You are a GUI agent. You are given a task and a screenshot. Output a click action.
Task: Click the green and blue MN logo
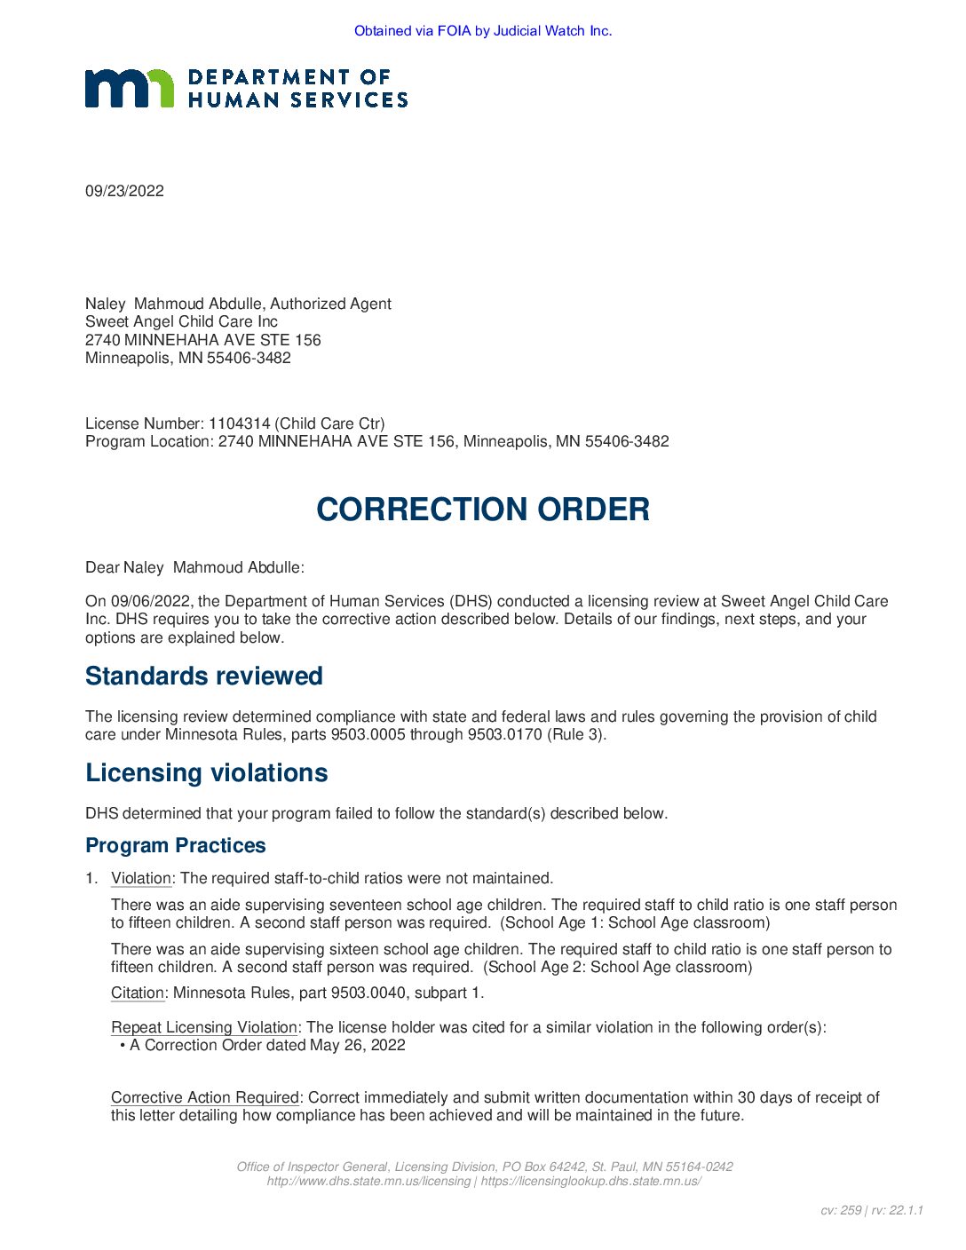pyautogui.click(x=130, y=89)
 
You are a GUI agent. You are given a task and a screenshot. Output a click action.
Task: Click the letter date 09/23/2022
pyautogui.click(x=124, y=191)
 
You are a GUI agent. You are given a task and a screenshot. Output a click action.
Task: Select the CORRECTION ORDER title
pyautogui.click(x=483, y=510)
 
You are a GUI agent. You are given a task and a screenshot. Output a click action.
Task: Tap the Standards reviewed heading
pyautogui.click(x=204, y=676)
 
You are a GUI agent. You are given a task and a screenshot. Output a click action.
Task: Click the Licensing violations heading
pyautogui.click(x=207, y=773)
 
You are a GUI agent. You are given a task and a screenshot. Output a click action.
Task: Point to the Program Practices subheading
pyautogui.click(x=176, y=846)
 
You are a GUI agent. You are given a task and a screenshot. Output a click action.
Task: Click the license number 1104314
pyautogui.click(x=239, y=423)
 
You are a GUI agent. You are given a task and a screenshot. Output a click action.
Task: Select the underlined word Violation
pyautogui.click(x=141, y=878)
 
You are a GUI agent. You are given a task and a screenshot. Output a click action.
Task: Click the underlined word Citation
pyautogui.click(x=138, y=993)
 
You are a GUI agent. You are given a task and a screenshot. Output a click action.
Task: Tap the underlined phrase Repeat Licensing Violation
pyautogui.click(x=204, y=1027)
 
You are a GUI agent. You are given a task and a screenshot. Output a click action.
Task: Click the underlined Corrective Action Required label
pyautogui.click(x=205, y=1097)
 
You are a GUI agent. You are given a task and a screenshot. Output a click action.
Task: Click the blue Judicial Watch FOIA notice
pyautogui.click(x=483, y=31)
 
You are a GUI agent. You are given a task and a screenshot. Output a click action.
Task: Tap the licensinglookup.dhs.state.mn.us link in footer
pyautogui.click(x=590, y=1181)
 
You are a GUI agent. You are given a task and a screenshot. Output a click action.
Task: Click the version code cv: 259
pyautogui.click(x=840, y=1210)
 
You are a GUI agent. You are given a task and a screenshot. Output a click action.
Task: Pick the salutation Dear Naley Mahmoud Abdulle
pyautogui.click(x=194, y=567)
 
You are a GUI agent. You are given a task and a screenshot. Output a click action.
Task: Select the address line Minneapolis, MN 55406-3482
pyautogui.click(x=188, y=358)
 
